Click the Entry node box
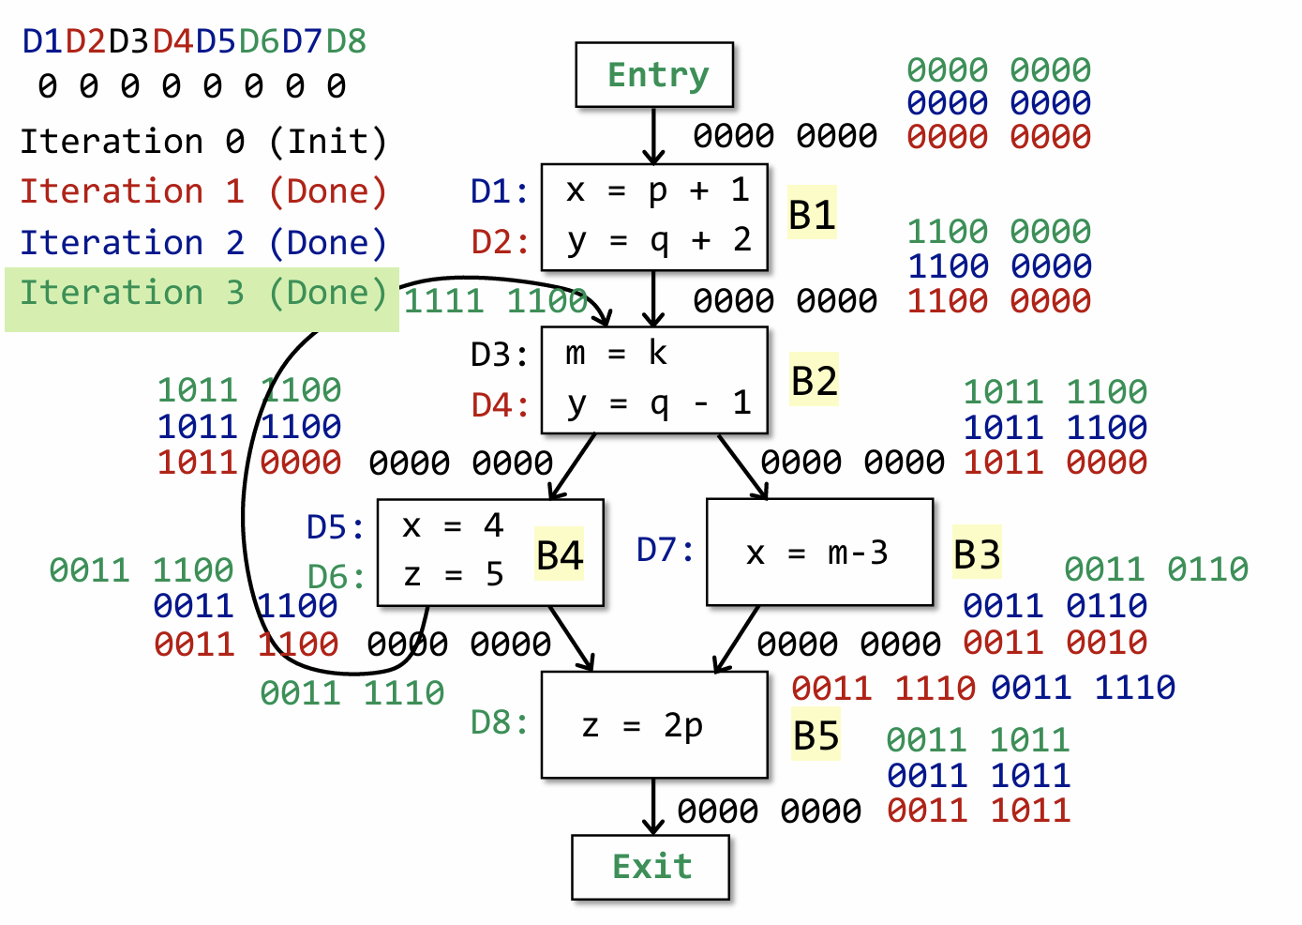tap(654, 75)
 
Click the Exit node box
tap(651, 867)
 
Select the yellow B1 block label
tap(812, 214)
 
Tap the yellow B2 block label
tap(814, 381)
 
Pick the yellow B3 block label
tap(977, 553)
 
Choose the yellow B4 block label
tap(560, 554)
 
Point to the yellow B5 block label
tap(816, 735)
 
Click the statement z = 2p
tap(642, 725)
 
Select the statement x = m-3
tap(816, 553)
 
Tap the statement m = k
tap(616, 354)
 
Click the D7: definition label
tap(666, 549)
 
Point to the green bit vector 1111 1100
tap(495, 301)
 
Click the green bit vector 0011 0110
tap(1156, 569)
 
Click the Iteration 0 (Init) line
tap(203, 142)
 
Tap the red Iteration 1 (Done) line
tap(203, 191)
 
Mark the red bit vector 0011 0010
tap(1055, 643)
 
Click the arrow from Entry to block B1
tap(653, 136)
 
